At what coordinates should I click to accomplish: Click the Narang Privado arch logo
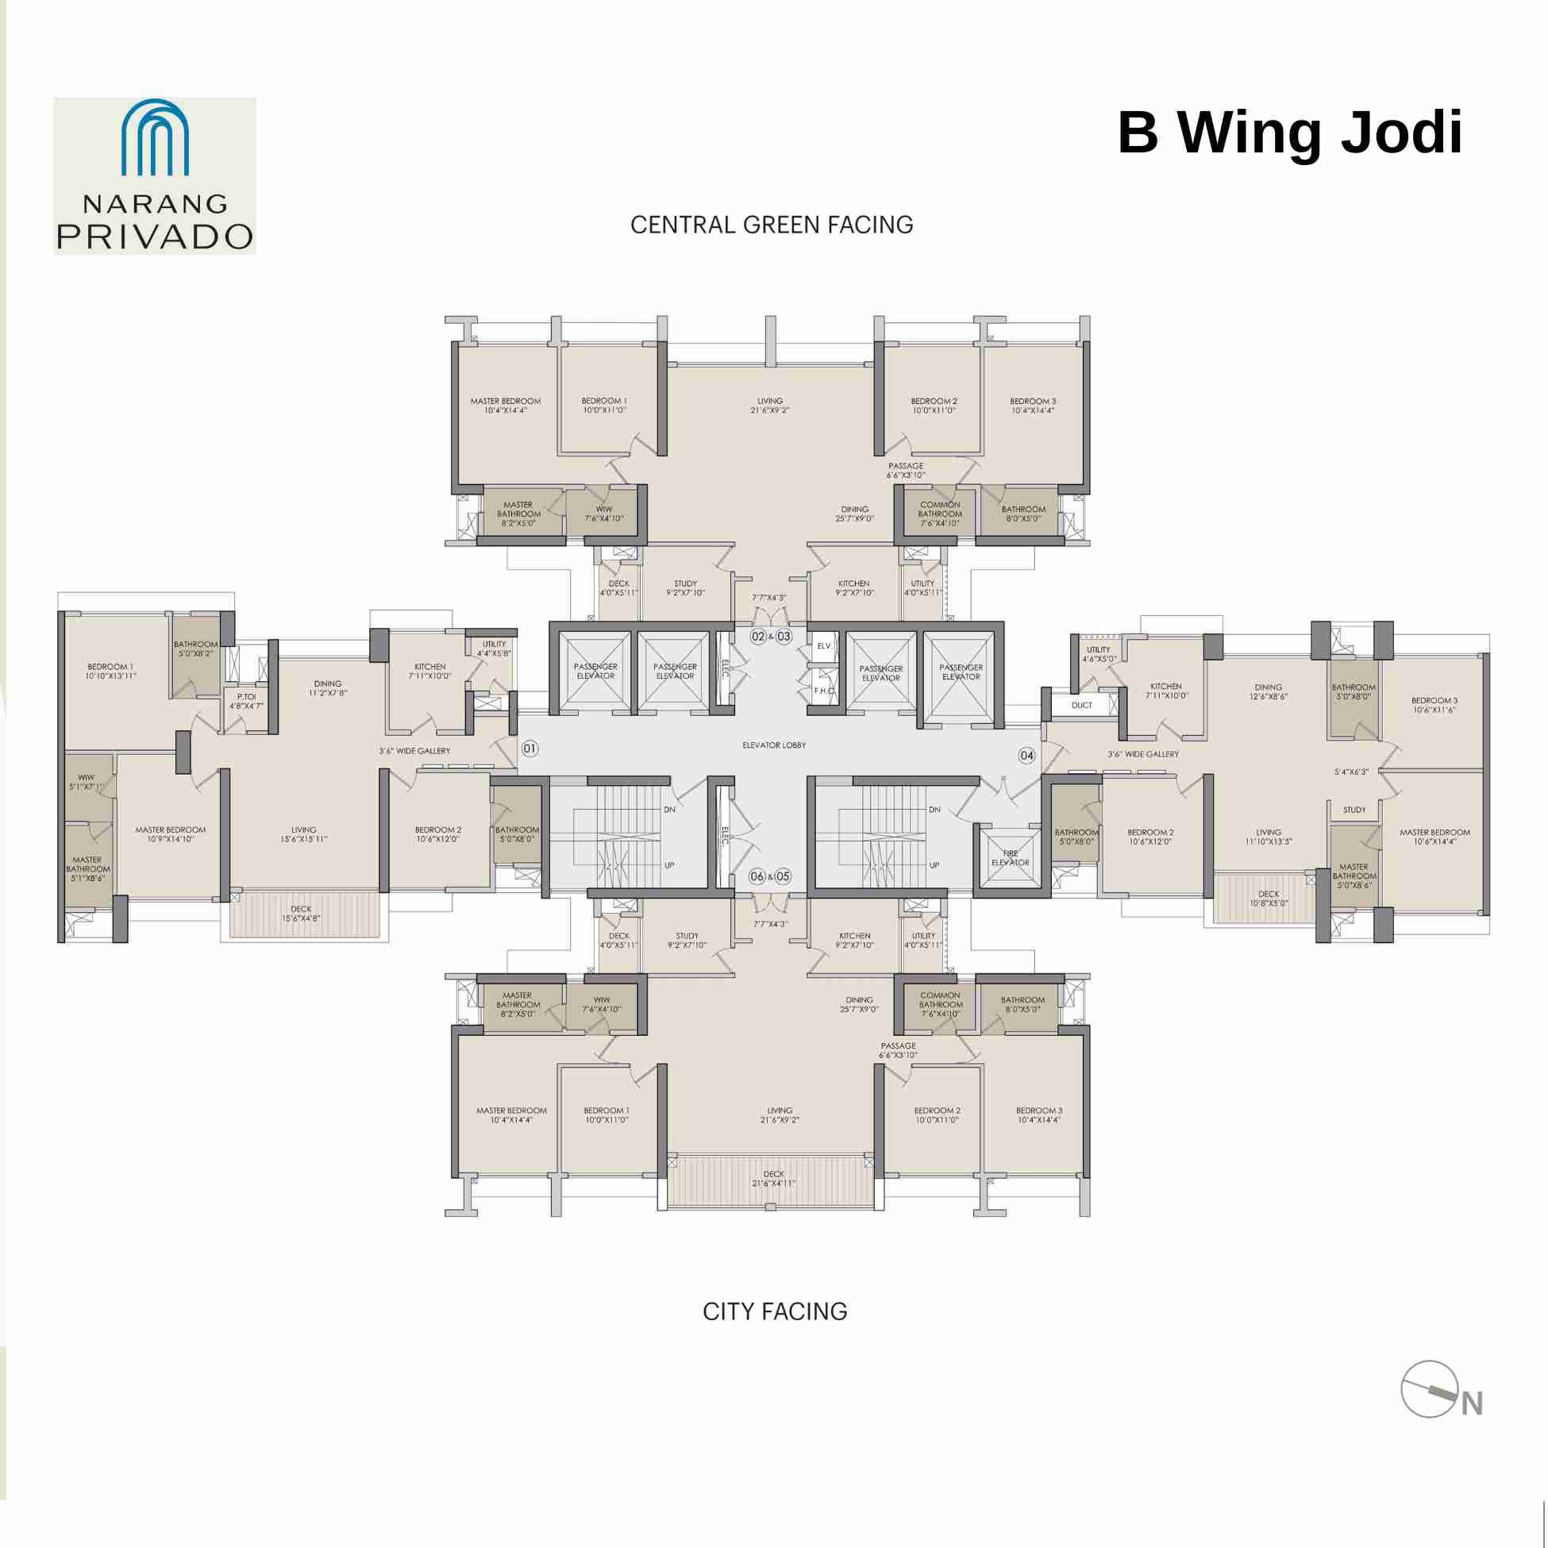tap(155, 138)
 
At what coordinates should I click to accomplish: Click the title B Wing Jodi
tap(1289, 133)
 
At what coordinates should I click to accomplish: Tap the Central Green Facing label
tap(771, 225)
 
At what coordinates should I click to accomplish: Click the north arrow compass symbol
tap(1431, 1388)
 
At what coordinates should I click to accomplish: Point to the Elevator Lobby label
tap(773, 745)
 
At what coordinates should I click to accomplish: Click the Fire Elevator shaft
tap(1010, 858)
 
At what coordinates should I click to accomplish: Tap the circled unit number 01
tap(529, 749)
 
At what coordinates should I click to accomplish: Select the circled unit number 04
tap(1026, 755)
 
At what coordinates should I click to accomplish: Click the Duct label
tap(1081, 705)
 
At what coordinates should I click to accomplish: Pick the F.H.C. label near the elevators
tap(824, 691)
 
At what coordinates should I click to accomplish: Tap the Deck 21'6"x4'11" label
tap(773, 1179)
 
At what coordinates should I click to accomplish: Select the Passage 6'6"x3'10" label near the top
tap(906, 470)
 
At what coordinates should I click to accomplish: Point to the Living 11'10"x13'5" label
tap(1268, 838)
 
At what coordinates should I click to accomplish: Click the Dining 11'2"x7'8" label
tap(328, 688)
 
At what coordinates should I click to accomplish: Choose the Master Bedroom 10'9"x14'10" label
tap(170, 834)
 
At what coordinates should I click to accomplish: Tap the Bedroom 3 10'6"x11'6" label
tap(1434, 705)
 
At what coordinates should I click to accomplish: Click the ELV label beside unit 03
tap(824, 646)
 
